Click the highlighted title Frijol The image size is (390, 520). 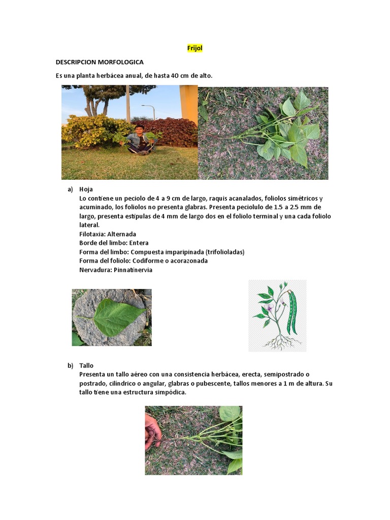coord(195,48)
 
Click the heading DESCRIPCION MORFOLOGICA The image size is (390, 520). coord(100,62)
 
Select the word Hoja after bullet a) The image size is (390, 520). coord(86,189)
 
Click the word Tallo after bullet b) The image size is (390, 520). coord(86,366)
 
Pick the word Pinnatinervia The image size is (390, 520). coord(134,270)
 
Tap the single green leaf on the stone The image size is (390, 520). coord(112,317)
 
